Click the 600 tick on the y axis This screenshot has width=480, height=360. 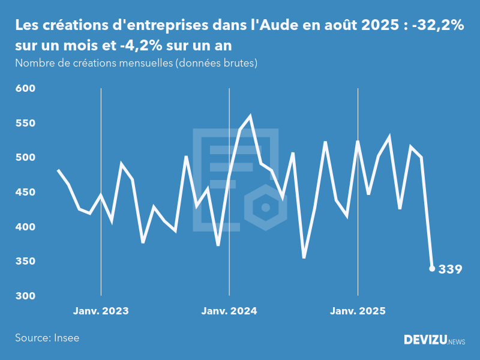[26, 89]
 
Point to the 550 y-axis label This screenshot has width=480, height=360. [26, 123]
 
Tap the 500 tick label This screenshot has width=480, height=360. [26, 158]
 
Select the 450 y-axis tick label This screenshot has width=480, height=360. [26, 193]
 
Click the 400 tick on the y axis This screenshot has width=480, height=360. [26, 227]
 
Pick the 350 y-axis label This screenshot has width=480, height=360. [26, 262]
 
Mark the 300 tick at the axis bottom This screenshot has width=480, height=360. [26, 296]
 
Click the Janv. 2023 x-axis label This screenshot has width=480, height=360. [101, 311]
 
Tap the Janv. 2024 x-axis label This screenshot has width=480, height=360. [229, 311]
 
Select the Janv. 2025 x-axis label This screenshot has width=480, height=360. [358, 311]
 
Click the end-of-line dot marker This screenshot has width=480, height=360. [432, 269]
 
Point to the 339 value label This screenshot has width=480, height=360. [451, 269]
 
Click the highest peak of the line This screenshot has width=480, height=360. [250, 116]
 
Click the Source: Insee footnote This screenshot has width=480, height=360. [47, 338]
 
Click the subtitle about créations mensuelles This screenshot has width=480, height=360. [136, 63]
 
